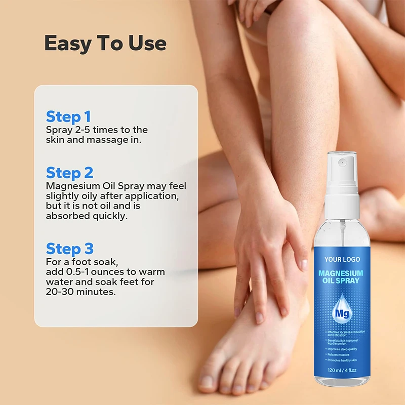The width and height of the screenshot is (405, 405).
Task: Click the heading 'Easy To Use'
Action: click(105, 44)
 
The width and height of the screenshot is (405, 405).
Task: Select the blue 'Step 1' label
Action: click(68, 116)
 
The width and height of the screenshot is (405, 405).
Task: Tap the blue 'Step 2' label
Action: click(70, 173)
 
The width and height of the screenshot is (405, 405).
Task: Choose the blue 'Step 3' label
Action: click(70, 249)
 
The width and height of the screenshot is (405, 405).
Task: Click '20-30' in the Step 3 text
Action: click(58, 292)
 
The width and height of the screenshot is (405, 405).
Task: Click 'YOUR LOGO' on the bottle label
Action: click(342, 260)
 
